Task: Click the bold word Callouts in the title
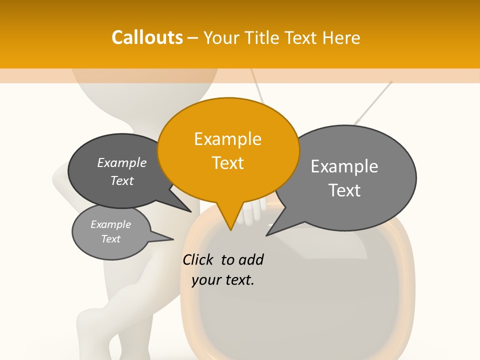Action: [x=147, y=37]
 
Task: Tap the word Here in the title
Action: [x=342, y=37]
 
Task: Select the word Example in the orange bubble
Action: [x=227, y=138]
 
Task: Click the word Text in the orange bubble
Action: [x=228, y=163]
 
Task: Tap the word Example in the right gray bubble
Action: [x=344, y=166]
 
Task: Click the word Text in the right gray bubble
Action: [x=344, y=190]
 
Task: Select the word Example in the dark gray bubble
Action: [x=122, y=162]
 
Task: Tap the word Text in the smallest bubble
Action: [x=111, y=239]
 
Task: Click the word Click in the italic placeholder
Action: [x=199, y=259]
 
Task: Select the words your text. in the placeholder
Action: [x=223, y=280]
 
